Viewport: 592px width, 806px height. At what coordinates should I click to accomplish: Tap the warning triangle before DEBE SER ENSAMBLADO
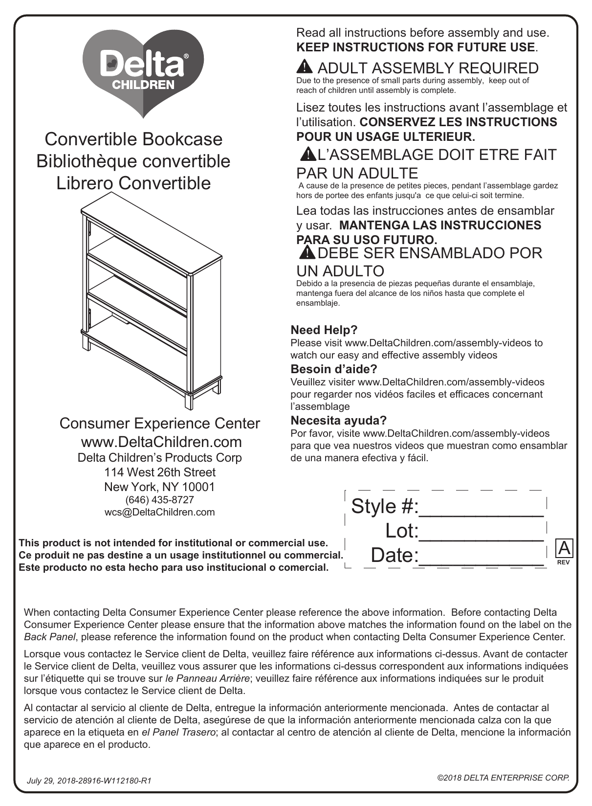coord(308,252)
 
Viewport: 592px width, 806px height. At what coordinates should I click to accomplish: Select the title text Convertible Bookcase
coord(133,139)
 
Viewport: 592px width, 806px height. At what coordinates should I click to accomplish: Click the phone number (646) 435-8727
coord(159,500)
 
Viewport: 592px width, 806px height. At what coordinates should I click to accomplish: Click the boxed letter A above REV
coord(564,548)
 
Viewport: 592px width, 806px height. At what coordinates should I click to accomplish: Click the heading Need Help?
coord(324,330)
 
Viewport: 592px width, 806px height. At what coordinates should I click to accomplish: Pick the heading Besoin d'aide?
coord(334,369)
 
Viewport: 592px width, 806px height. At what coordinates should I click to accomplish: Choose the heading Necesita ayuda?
coord(339,421)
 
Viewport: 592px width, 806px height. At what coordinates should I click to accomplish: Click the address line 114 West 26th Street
coord(159,472)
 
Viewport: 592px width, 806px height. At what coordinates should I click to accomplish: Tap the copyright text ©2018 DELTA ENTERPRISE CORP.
coord(503,777)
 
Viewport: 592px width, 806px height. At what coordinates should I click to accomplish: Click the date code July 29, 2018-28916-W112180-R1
coord(89,781)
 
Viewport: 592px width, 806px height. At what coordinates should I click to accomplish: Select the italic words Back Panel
coord(50,637)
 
